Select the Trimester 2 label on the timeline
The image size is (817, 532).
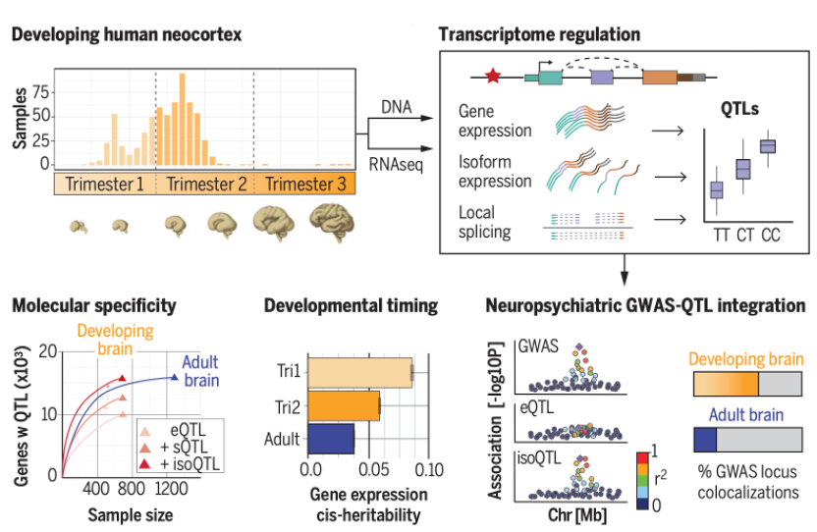click(x=204, y=183)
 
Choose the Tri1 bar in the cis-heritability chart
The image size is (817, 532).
click(x=359, y=373)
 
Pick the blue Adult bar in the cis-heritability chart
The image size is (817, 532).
click(x=331, y=438)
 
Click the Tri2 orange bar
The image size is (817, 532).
click(x=344, y=405)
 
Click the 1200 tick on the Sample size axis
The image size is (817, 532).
click(x=173, y=488)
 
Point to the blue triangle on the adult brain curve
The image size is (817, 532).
click(x=174, y=376)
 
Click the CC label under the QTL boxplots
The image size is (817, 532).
click(x=771, y=237)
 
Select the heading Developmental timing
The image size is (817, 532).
click(x=351, y=305)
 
